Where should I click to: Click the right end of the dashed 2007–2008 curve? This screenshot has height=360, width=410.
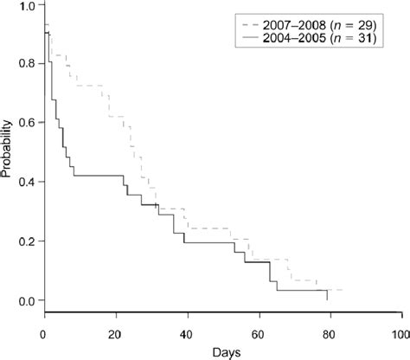pyautogui.click(x=343, y=289)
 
